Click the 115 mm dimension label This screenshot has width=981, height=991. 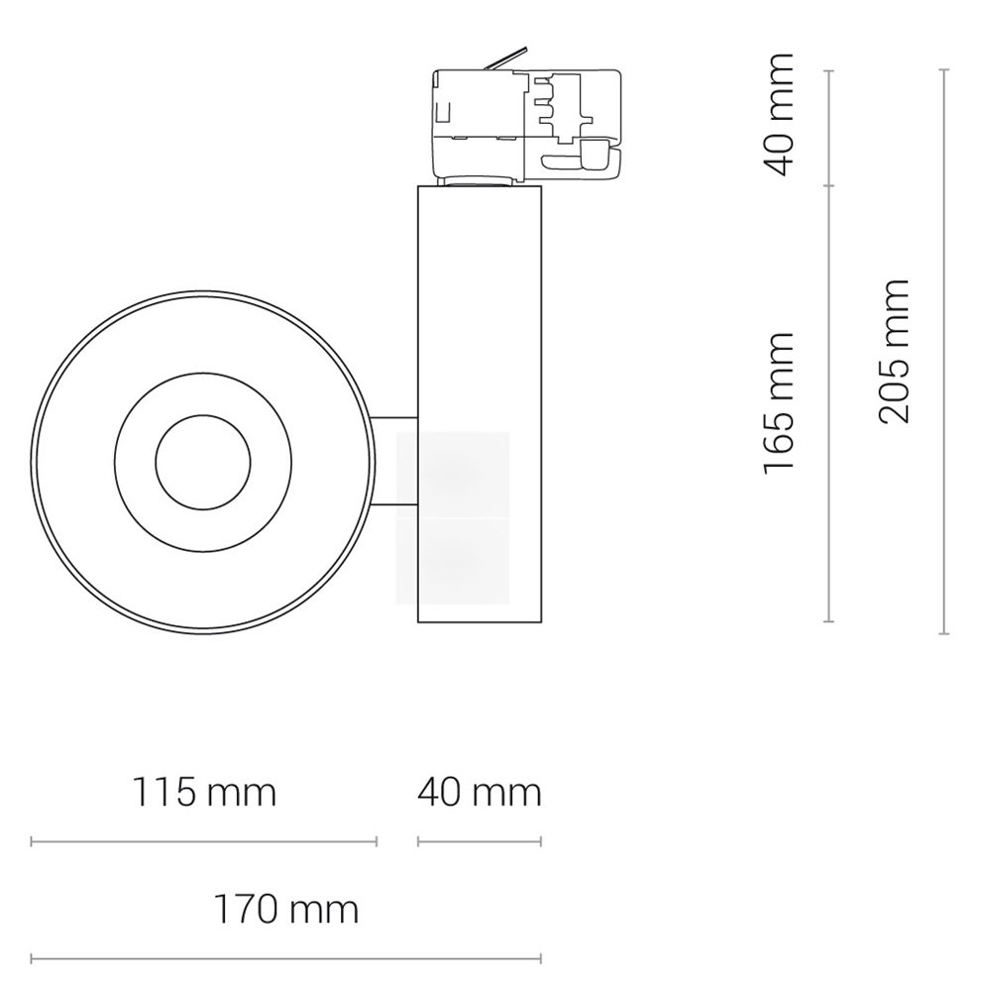[x=204, y=793]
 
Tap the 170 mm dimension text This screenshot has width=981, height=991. [x=286, y=910]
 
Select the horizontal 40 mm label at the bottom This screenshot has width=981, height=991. [x=480, y=793]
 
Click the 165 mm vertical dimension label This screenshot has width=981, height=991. [x=778, y=403]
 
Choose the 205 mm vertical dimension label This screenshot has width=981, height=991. [x=894, y=351]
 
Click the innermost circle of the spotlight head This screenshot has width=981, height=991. [x=203, y=462]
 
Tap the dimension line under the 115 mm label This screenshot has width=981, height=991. [x=203, y=841]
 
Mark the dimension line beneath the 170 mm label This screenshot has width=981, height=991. [x=285, y=958]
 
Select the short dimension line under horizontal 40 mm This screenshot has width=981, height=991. [x=480, y=841]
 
